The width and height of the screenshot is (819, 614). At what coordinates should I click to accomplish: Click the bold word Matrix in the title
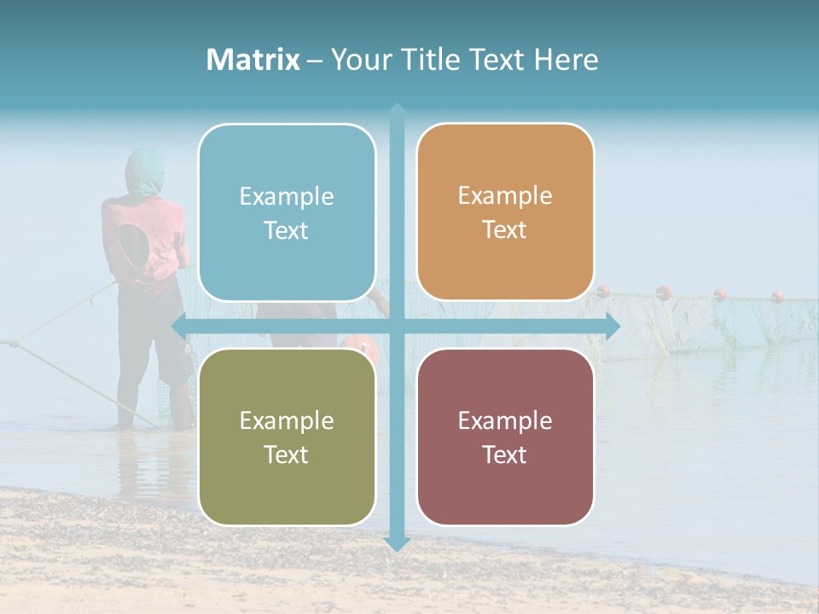[253, 60]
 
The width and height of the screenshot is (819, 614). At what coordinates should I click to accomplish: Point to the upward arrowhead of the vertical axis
[397, 111]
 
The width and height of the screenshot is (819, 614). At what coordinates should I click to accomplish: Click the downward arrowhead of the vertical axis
[397, 543]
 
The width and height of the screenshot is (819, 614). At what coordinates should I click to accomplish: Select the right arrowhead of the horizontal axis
[612, 326]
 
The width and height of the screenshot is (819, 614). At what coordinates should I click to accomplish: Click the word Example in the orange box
[505, 196]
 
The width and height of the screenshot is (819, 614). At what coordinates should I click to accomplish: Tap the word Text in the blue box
[286, 231]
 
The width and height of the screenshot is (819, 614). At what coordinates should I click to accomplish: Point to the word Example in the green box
[287, 420]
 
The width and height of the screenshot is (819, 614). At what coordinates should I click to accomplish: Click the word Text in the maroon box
[505, 455]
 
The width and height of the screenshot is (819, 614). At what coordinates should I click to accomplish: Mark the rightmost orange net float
[778, 297]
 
